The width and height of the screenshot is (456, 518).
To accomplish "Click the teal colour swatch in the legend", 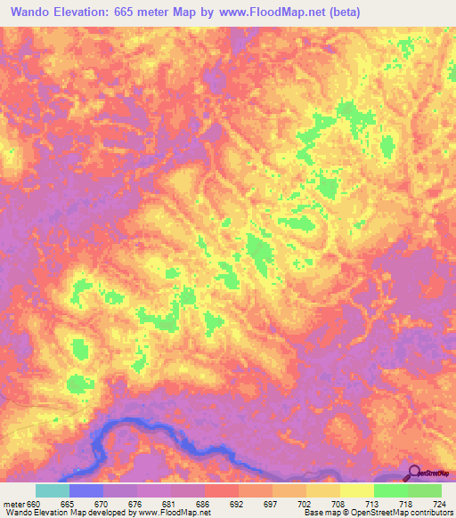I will click(x=53, y=490).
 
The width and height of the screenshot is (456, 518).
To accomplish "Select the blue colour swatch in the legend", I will click(x=86, y=490).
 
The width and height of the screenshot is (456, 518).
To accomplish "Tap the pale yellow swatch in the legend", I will click(x=357, y=490).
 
